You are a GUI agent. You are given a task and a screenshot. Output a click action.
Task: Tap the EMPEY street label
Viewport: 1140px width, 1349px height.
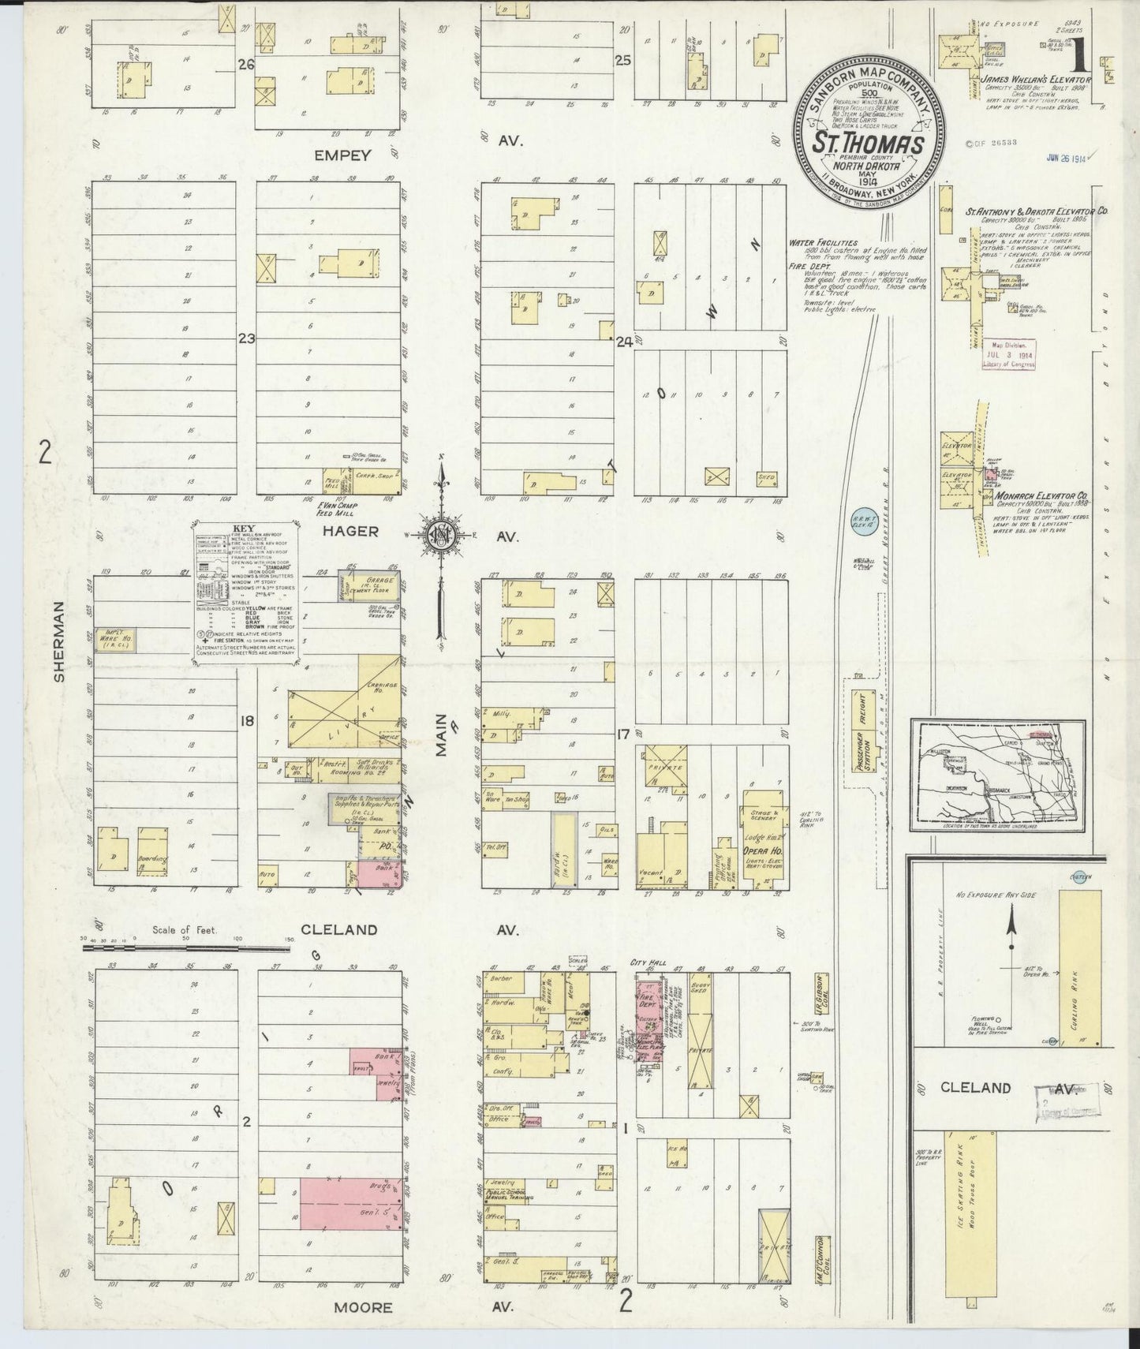point(342,155)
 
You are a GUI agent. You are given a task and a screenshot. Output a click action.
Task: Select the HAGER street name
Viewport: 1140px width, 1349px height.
point(350,532)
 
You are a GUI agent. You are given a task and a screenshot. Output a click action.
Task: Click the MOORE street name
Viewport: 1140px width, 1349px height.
point(363,1307)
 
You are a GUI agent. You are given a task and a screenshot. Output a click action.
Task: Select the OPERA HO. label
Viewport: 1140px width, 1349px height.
point(761,853)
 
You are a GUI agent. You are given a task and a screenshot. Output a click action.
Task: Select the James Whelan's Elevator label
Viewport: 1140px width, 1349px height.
point(1035,80)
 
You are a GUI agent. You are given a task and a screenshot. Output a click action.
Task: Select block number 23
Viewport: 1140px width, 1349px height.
point(248,339)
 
